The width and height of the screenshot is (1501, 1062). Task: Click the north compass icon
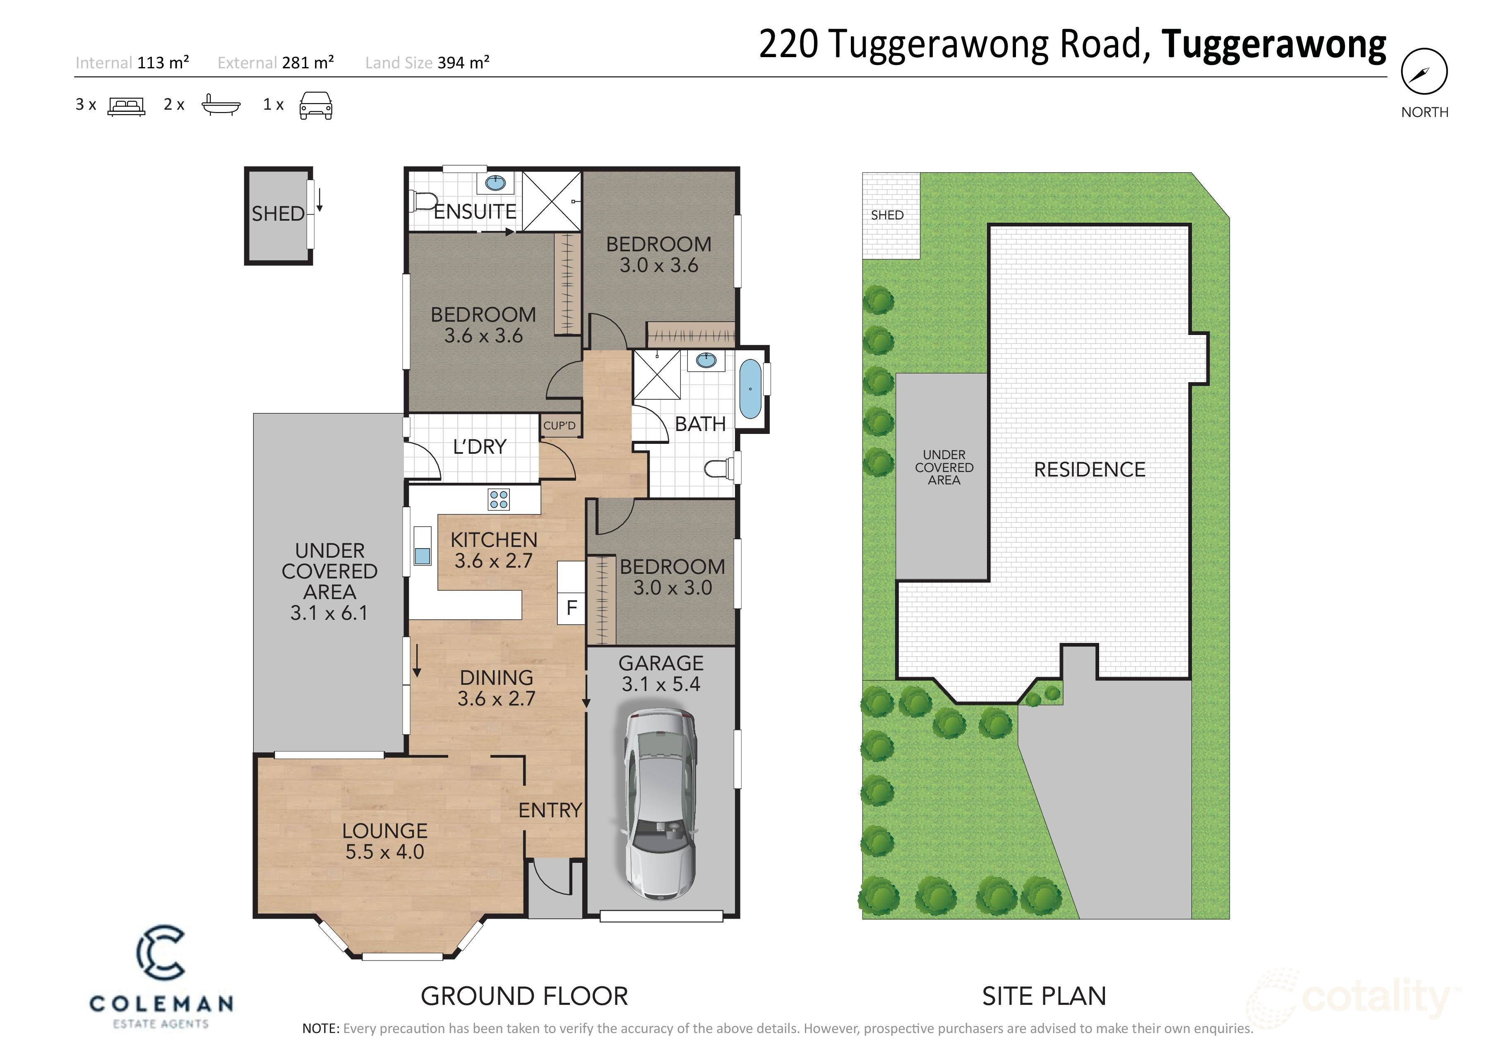[x=1424, y=72]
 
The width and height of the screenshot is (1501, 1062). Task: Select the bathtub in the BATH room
[x=751, y=389]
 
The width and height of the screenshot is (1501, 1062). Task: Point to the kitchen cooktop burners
[x=499, y=500]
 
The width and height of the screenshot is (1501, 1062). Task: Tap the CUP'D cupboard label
[x=559, y=426]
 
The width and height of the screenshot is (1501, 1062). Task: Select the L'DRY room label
[x=480, y=447]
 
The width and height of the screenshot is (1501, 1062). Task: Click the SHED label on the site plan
[x=887, y=215]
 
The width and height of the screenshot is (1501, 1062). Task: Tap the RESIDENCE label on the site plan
[x=1089, y=470]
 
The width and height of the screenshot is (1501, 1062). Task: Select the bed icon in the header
[x=126, y=106]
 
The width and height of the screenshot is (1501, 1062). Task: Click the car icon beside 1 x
[x=316, y=105]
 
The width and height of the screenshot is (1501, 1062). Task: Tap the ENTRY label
[x=550, y=810]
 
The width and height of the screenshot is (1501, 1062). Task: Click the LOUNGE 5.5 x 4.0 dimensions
[x=384, y=851]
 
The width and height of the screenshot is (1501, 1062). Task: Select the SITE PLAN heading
[x=1044, y=996]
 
